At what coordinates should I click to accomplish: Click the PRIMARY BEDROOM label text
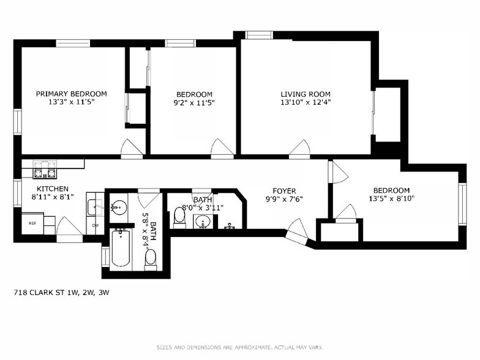point(71,94)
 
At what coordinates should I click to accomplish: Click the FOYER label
point(283,190)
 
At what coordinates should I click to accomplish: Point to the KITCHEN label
point(52,189)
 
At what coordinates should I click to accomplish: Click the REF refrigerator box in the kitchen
point(33,223)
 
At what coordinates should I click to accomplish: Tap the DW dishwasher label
point(95,225)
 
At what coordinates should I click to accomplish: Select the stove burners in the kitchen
point(45,165)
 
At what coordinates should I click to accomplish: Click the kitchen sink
point(94,208)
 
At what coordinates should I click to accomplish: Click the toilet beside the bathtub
point(151,260)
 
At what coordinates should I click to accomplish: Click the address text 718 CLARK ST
point(61,293)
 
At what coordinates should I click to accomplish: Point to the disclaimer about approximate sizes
point(239,347)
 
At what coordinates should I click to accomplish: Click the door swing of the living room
point(299,147)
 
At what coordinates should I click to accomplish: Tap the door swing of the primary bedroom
point(130,147)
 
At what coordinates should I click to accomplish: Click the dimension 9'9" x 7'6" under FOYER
point(283,199)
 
